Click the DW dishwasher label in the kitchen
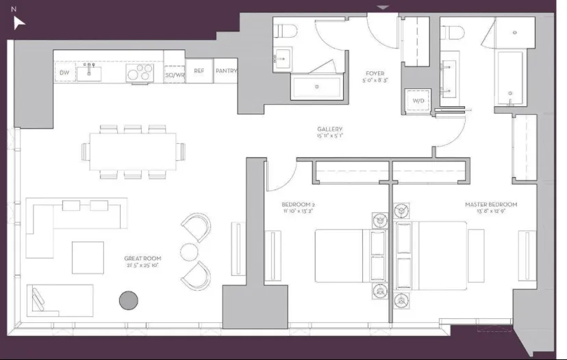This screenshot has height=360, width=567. coord(65,73)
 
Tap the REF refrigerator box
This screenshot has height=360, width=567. coord(199,71)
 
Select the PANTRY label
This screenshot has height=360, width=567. coord(227,71)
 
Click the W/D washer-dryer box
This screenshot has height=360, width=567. coord(417,101)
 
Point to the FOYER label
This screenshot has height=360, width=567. coord(375,73)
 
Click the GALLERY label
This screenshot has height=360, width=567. coord(329,129)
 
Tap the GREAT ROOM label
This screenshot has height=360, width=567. coord(143,258)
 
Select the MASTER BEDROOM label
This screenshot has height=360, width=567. coord(491,205)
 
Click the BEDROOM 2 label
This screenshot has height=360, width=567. coord(298,205)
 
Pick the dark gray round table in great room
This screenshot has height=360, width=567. coord(128,300)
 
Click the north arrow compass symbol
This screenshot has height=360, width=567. coord(19,23)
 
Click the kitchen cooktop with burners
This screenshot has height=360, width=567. coord(139,72)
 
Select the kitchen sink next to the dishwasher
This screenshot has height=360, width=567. coord(89,71)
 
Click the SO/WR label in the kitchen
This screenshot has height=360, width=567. coord(175,73)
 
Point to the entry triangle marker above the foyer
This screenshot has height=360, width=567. coord(383,8)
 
